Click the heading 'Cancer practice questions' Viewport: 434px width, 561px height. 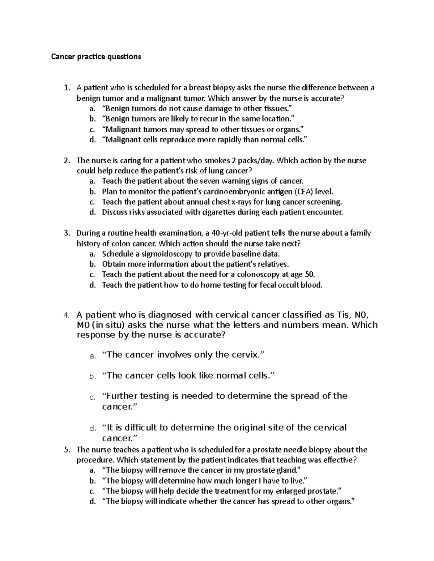[96, 57]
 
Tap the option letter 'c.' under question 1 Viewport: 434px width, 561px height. [92, 129]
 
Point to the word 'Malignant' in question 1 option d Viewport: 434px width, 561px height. [122, 140]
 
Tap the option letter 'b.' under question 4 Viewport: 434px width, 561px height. [93, 377]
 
